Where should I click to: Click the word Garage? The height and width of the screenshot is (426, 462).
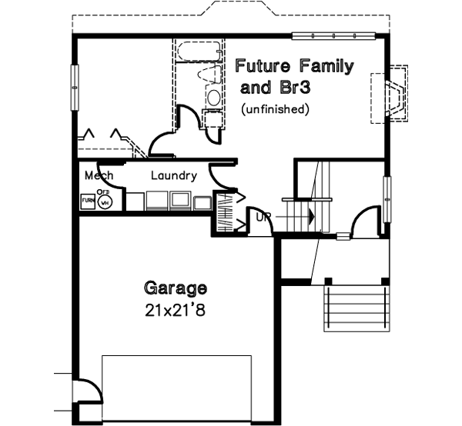click(176, 289)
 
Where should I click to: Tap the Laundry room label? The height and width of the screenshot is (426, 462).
click(173, 176)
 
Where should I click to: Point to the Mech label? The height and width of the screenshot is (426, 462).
click(99, 176)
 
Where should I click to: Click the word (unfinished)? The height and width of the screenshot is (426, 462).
click(275, 109)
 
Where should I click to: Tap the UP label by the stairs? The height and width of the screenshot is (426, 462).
click(263, 218)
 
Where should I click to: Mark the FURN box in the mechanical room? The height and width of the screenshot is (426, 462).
click(88, 201)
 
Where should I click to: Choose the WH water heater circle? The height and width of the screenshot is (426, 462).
click(106, 201)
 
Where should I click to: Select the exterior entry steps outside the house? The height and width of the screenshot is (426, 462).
click(353, 308)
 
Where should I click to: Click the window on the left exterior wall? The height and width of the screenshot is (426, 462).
click(75, 89)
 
